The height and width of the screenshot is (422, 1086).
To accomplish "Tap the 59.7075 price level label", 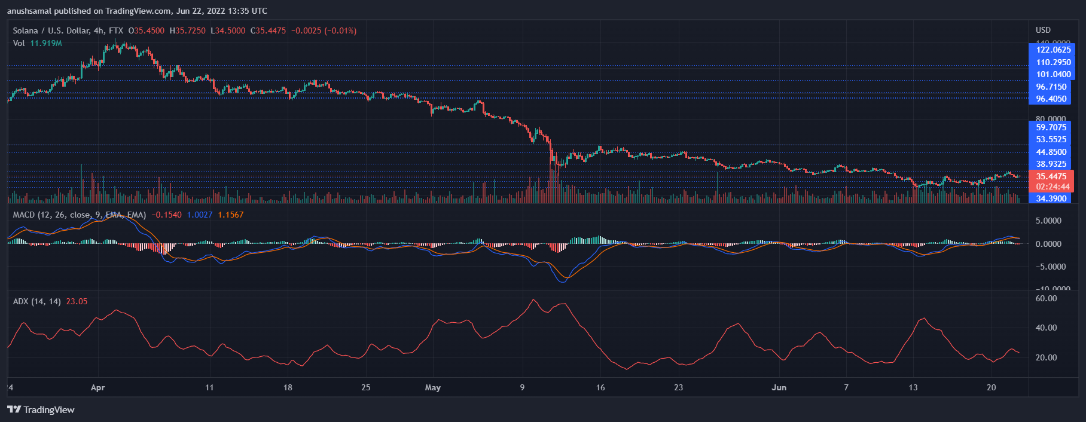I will (x=1051, y=127).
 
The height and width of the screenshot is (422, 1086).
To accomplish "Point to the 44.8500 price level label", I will (x=1051, y=152).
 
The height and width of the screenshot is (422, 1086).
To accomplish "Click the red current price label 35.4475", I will (x=1051, y=176).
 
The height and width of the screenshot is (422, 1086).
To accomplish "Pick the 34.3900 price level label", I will (x=1051, y=198).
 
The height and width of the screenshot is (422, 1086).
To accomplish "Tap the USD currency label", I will (x=1043, y=30).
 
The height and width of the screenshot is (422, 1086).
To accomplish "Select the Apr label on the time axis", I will (x=97, y=387).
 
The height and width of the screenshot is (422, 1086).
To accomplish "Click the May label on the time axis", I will (x=432, y=387).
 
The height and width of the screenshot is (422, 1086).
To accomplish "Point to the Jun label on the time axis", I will (x=779, y=387).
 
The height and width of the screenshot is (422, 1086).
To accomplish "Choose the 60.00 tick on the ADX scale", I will (x=1046, y=298).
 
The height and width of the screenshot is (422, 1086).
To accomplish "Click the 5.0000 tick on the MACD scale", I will (x=1048, y=221).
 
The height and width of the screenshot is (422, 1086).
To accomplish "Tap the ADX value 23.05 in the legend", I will (x=77, y=301).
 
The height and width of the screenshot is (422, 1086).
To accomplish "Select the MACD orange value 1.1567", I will (x=231, y=215).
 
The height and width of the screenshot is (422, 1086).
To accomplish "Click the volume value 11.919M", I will (x=46, y=43).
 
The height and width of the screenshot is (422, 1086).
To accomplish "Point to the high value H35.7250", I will (x=187, y=30).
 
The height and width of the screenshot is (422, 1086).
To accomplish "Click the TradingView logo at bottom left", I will (x=41, y=409).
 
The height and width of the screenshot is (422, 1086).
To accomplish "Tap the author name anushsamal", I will (x=29, y=11).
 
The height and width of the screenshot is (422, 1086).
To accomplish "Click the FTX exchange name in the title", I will (x=116, y=30).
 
